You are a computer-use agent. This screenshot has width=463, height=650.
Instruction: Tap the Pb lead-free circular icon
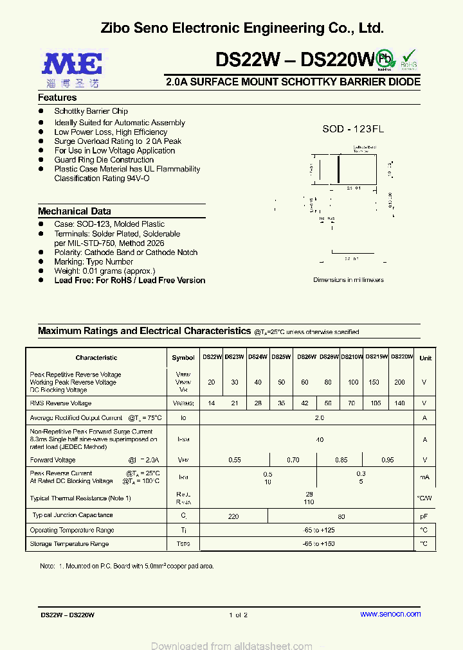point(385,58)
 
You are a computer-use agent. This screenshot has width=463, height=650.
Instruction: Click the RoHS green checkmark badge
point(409,59)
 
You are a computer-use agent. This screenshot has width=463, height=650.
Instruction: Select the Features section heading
point(57,98)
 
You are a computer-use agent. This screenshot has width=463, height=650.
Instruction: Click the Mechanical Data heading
point(74,211)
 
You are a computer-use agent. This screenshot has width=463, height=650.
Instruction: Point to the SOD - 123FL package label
point(353,129)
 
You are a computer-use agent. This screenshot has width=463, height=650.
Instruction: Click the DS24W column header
point(258,357)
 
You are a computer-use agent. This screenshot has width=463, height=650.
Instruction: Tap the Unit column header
point(425,358)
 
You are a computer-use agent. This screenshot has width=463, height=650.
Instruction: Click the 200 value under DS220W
point(399,382)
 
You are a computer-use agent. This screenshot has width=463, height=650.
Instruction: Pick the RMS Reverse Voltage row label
point(60,403)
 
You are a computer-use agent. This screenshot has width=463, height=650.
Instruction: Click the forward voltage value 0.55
point(235,460)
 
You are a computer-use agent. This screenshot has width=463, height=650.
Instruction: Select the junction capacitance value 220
point(233,516)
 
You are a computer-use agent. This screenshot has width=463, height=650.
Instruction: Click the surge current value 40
point(319,439)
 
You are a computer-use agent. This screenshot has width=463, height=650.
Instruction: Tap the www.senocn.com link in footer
point(390,615)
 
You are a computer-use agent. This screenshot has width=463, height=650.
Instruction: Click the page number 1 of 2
point(238,615)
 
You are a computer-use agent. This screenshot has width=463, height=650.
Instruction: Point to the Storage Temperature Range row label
point(69,544)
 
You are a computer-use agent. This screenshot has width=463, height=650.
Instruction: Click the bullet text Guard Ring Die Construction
point(104,160)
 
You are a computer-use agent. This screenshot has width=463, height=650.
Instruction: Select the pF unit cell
point(424,516)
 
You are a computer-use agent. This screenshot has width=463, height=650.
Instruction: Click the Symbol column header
point(183,358)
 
